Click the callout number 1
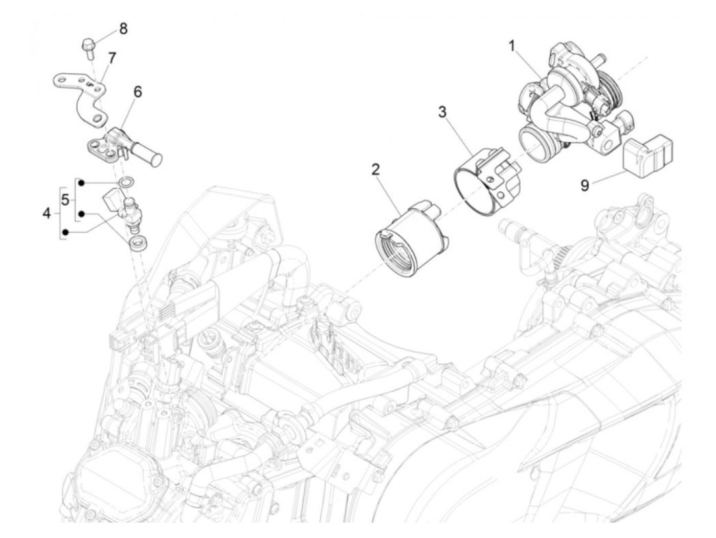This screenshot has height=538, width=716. click(511, 46)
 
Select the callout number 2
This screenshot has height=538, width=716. click(376, 169)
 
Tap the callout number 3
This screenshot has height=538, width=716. click(442, 111)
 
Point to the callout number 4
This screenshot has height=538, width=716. click(47, 213)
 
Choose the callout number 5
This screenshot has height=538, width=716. click(65, 200)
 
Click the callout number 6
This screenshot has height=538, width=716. click(138, 92)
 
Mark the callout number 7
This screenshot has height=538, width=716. click(111, 58)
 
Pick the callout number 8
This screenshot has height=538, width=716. click(123, 28)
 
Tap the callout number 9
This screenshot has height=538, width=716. click(585, 185)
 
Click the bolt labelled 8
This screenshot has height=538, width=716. click(88, 47)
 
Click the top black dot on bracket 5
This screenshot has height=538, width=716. click(80, 182)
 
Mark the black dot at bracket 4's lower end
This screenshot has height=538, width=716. click(64, 233)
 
